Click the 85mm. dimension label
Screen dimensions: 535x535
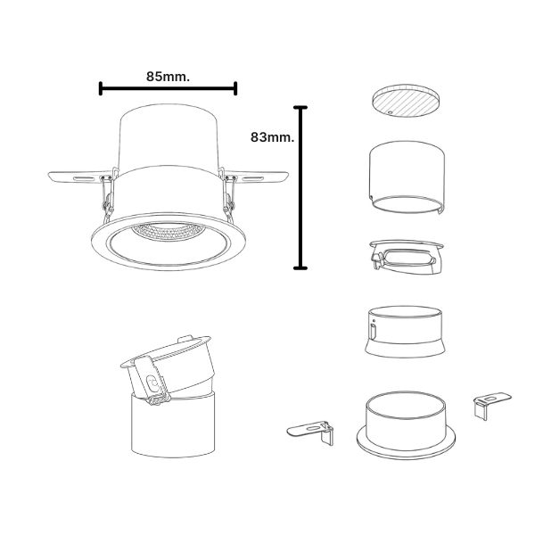click(168, 77)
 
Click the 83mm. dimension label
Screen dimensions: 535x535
click(272, 137)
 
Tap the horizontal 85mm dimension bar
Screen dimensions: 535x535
click(168, 88)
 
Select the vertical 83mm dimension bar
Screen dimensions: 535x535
click(300, 187)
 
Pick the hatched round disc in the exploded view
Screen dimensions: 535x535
click(406, 101)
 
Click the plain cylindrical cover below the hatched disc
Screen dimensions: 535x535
click(407, 177)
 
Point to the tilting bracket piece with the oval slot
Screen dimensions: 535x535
click(407, 257)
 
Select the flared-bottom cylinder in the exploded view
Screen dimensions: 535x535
click(406, 332)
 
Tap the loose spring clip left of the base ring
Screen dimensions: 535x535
click(311, 432)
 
